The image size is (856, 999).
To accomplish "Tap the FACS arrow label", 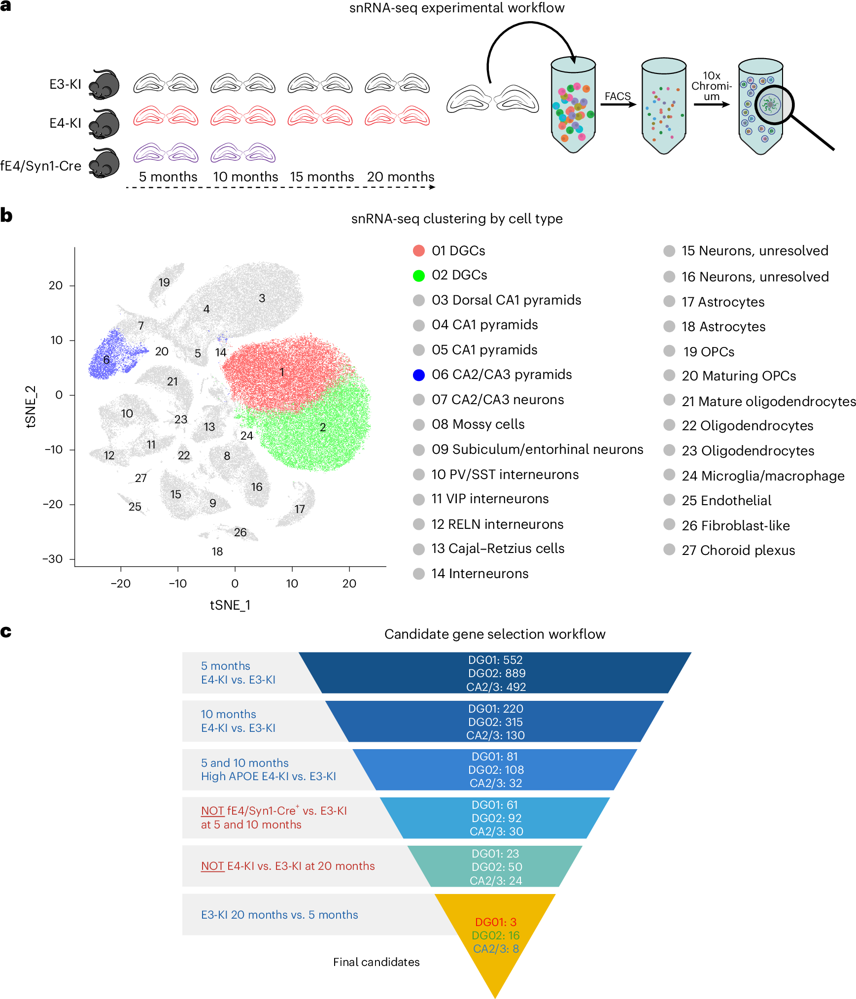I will pyautogui.click(x=617, y=96).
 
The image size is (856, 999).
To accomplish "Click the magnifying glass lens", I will pyautogui.click(x=772, y=105).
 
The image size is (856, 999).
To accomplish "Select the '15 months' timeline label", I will pyautogui.click(x=322, y=176).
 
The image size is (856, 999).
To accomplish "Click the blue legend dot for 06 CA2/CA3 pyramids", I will pyautogui.click(x=418, y=375).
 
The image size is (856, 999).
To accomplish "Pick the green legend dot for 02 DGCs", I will pyautogui.click(x=418, y=276).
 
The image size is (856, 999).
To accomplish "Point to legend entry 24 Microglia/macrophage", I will pyautogui.click(x=762, y=476).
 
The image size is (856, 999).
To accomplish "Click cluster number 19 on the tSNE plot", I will pyautogui.click(x=164, y=282).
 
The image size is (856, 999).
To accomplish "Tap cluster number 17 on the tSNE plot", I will pyautogui.click(x=300, y=509).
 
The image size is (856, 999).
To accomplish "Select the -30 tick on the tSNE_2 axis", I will pyautogui.click(x=52, y=559).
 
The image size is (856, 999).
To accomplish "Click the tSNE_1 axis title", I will pyautogui.click(x=230, y=605).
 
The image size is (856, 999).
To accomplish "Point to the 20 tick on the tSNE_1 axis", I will pyautogui.click(x=349, y=584).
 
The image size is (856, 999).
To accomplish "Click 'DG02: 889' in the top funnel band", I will pyautogui.click(x=496, y=673).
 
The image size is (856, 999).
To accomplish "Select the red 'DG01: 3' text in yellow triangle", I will pyautogui.click(x=495, y=922).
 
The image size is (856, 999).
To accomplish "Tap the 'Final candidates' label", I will pyautogui.click(x=376, y=962).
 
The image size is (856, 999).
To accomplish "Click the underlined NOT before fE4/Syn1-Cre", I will pyautogui.click(x=212, y=811).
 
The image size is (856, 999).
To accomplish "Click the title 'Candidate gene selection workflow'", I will pyautogui.click(x=494, y=634).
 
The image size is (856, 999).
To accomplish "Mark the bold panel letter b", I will pyautogui.click(x=6, y=215).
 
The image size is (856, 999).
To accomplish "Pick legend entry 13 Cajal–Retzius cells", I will pyautogui.click(x=498, y=549).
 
